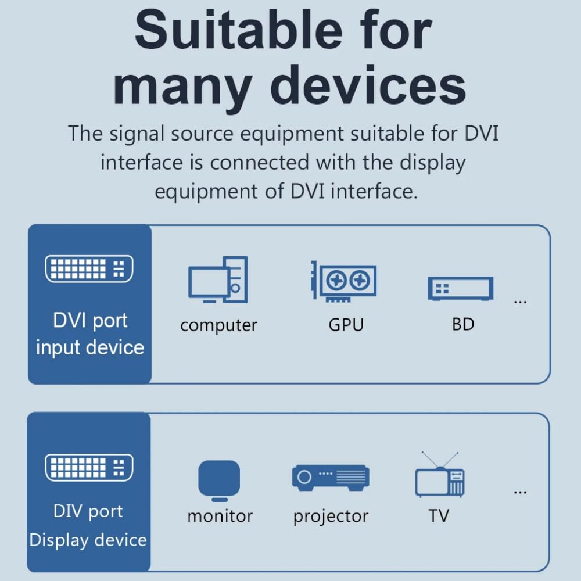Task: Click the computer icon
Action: [x=218, y=280]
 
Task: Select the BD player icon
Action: [x=461, y=288]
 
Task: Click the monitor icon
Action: [x=219, y=480]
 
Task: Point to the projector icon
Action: [x=331, y=478]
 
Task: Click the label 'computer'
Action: [x=218, y=325]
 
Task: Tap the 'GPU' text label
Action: [x=346, y=325]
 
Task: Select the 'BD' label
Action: [x=463, y=324]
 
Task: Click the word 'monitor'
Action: [x=220, y=516]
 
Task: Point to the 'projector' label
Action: [x=331, y=517]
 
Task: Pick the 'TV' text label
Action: [x=439, y=515]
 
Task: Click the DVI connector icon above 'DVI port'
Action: [x=89, y=268]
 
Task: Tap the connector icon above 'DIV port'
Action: [x=89, y=467]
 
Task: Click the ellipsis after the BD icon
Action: [x=520, y=302]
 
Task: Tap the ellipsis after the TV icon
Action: [x=520, y=493]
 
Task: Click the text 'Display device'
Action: [x=88, y=540]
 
